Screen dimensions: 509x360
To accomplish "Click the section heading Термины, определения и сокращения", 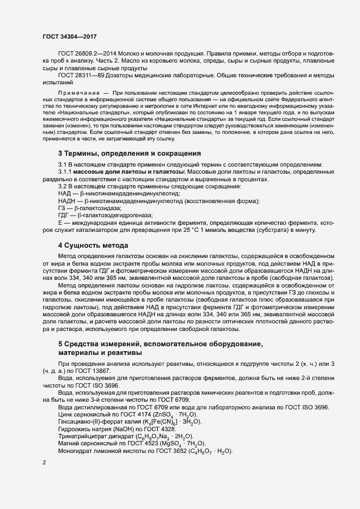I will coord(130,153).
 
